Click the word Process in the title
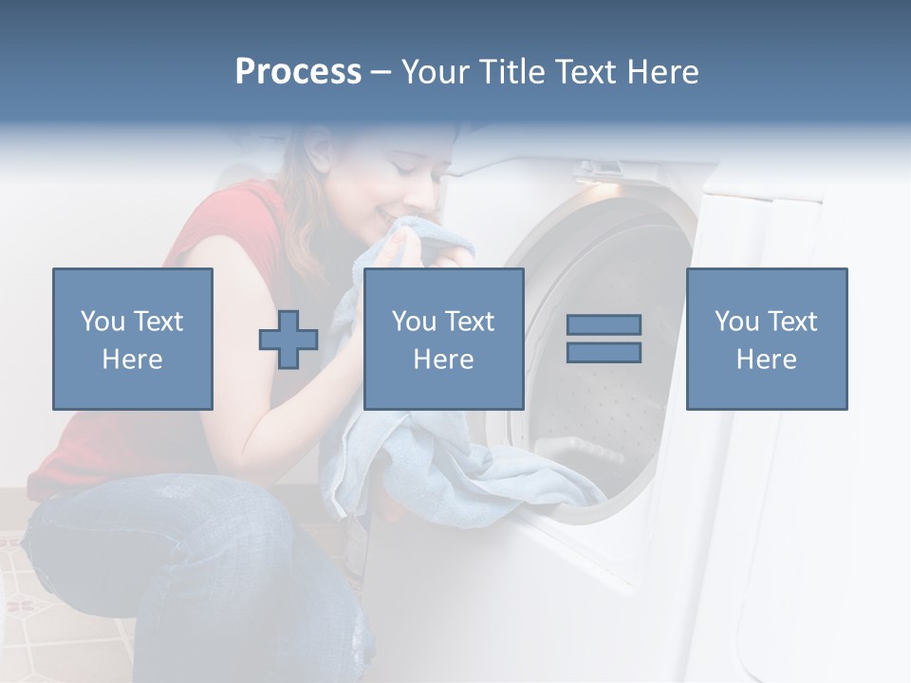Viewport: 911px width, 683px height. tap(298, 72)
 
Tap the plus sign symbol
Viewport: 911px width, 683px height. tap(288, 339)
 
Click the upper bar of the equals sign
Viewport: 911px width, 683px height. tap(604, 324)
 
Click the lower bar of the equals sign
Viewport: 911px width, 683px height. tap(604, 352)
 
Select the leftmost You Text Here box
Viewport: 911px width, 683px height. tap(133, 339)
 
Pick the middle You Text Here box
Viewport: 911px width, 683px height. tap(443, 339)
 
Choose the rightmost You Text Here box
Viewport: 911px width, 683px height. tap(767, 339)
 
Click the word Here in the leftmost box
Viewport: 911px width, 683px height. tap(133, 359)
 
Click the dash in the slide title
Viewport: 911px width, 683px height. tap(381, 72)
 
